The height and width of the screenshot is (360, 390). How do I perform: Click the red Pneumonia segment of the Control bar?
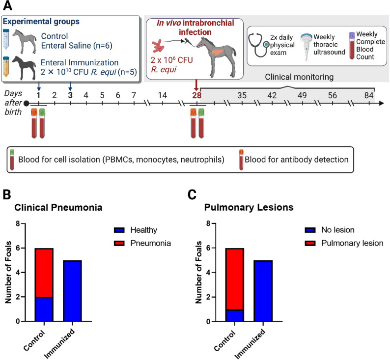tap(44, 273)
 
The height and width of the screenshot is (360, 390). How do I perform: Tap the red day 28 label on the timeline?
tap(197, 95)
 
